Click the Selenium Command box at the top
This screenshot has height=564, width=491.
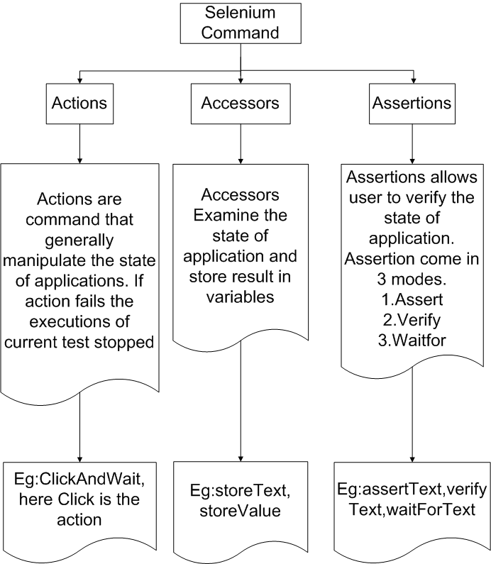point(242,23)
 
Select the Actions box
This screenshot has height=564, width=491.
point(79,103)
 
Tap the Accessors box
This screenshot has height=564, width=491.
point(241,103)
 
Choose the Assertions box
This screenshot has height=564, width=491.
point(412,103)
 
